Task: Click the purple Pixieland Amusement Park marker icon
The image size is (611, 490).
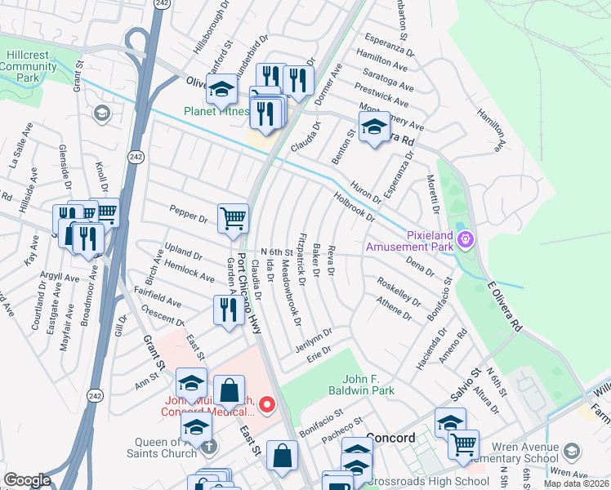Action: pos(466,239)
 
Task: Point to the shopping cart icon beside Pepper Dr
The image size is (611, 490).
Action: pos(234,218)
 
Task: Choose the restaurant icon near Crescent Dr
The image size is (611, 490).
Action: pos(226,309)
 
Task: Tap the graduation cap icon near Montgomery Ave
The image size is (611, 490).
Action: pos(374,127)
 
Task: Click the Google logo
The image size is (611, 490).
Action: pos(27,480)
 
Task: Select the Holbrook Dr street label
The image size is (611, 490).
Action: pos(355,207)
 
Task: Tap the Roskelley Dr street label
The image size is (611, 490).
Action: pos(399,292)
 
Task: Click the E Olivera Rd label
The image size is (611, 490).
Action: pos(504,306)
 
